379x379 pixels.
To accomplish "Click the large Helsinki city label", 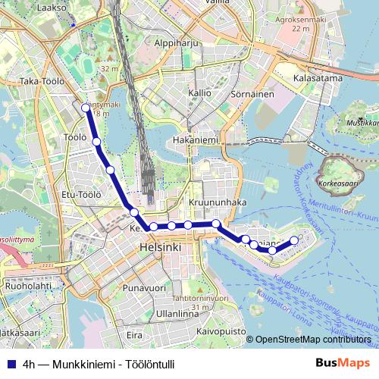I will point(160,248).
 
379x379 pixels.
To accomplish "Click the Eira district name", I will point(134,334).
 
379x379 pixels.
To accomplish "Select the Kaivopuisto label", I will point(221,331).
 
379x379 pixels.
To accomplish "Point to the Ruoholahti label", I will point(28,287).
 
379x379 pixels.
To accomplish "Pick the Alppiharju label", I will point(176,44).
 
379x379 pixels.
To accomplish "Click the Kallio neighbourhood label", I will point(199,92).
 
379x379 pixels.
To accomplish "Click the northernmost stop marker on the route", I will point(86,108).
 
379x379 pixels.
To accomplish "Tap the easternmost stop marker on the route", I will point(294,241).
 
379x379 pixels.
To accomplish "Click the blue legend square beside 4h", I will point(9,362).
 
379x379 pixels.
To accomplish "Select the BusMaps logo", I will point(343,362).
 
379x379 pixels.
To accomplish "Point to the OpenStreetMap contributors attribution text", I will point(312,340).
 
